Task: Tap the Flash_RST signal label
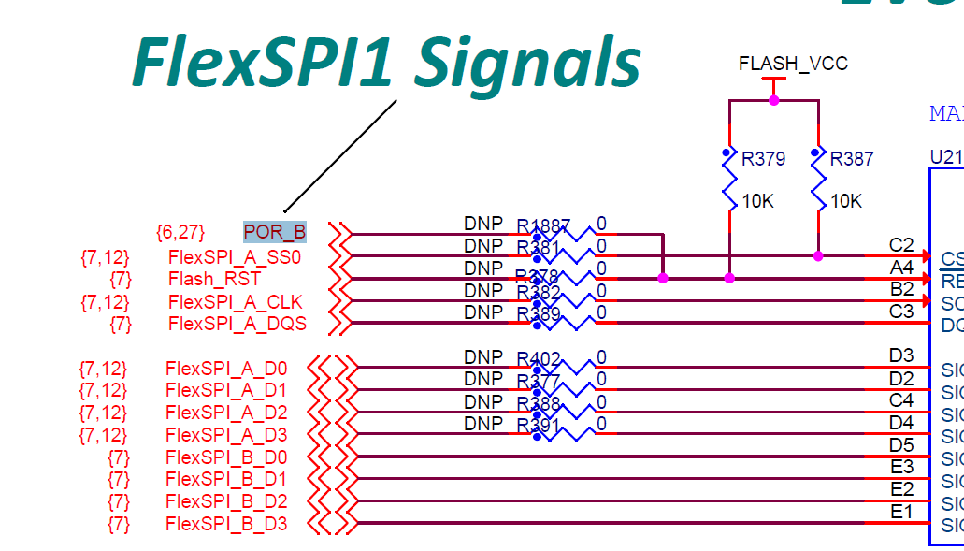click(214, 279)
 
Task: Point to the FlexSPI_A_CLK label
click(235, 301)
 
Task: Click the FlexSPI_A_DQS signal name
click(237, 324)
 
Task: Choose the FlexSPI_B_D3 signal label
click(226, 524)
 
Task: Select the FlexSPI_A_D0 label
click(226, 368)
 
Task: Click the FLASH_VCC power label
click(793, 64)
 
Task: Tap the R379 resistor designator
click(763, 159)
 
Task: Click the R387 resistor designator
click(852, 159)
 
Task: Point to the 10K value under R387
click(846, 201)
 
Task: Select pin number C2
click(901, 245)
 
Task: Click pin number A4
click(901, 268)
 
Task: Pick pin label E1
click(901, 511)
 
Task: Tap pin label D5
click(901, 444)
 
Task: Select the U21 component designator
click(945, 156)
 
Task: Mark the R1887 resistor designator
click(543, 225)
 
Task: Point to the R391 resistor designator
click(538, 425)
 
